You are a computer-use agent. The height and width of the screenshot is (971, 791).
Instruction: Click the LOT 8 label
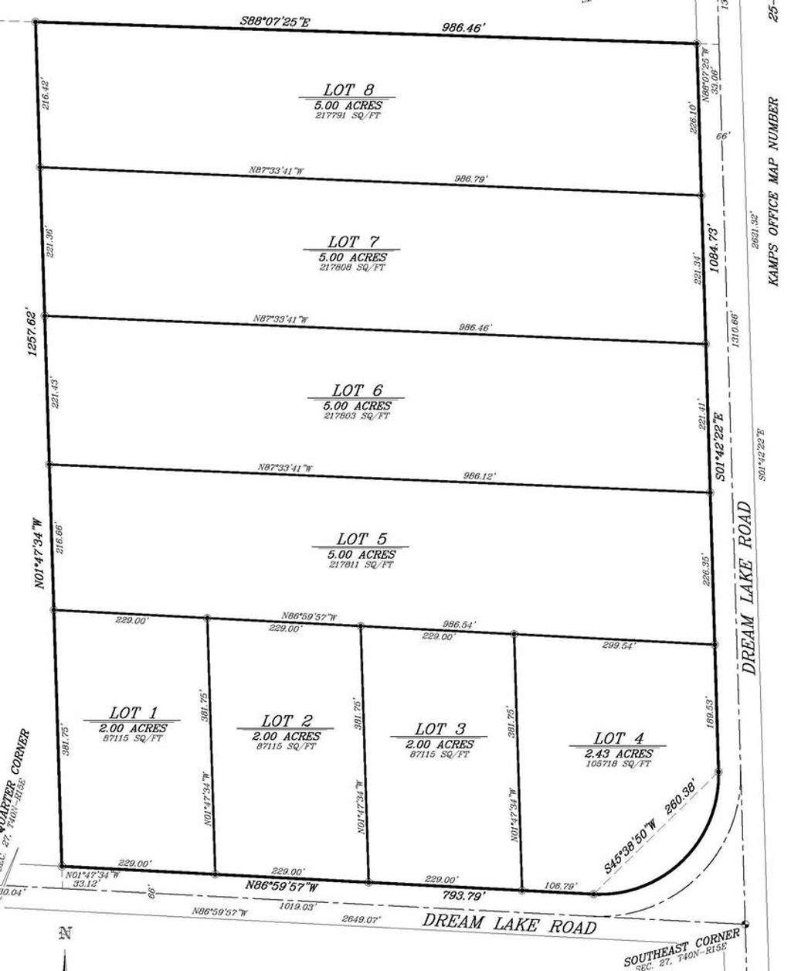click(x=347, y=90)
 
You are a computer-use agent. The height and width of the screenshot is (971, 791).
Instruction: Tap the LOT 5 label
click(x=361, y=539)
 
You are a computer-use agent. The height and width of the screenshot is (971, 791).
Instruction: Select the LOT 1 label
click(x=133, y=713)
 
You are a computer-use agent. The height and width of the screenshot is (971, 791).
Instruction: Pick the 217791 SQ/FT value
click(x=347, y=116)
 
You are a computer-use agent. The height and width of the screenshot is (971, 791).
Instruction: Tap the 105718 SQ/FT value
click(x=618, y=764)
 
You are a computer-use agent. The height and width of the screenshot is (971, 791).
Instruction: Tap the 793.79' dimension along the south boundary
click(x=463, y=896)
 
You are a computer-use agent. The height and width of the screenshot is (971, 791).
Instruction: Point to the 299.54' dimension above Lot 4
click(x=618, y=646)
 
